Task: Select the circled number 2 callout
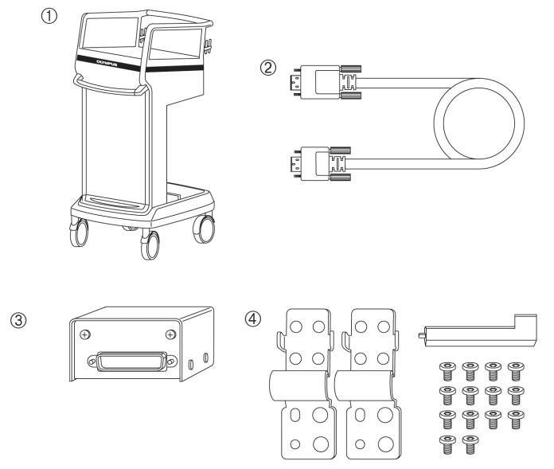coord(270,68)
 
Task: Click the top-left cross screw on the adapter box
coord(83,334)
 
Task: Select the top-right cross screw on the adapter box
coord(170,334)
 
